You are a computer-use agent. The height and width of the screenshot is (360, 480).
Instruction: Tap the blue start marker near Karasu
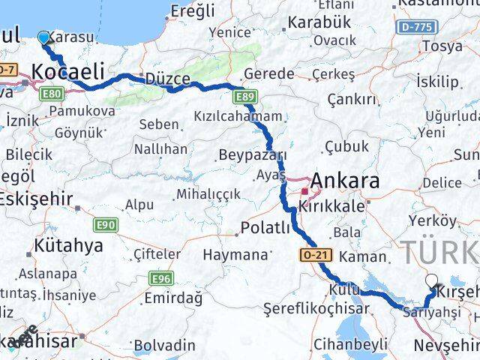pos(43,37)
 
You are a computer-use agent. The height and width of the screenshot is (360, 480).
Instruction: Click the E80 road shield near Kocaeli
pos(51,94)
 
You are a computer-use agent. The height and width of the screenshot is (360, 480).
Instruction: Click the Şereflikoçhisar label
pos(316,308)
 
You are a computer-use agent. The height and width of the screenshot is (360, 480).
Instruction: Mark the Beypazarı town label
pos(253,155)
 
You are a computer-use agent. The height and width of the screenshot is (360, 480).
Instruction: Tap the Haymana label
pos(235,255)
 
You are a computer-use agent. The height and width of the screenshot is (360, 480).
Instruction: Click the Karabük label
pos(321,22)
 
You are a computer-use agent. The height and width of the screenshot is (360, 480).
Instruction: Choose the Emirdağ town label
pos(174,298)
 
